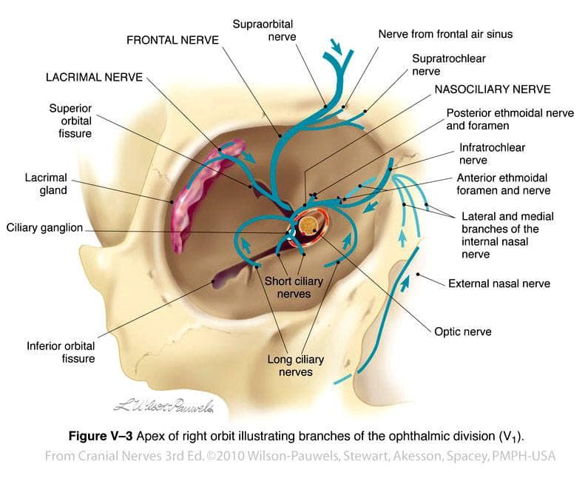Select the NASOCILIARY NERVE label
click(x=492, y=90)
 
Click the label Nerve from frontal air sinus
click(x=445, y=34)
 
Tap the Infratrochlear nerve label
click(x=492, y=153)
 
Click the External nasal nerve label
click(x=499, y=283)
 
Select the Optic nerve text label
click(x=463, y=332)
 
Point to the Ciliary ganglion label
click(x=46, y=228)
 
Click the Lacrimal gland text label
click(x=46, y=184)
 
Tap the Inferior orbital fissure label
click(x=61, y=351)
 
